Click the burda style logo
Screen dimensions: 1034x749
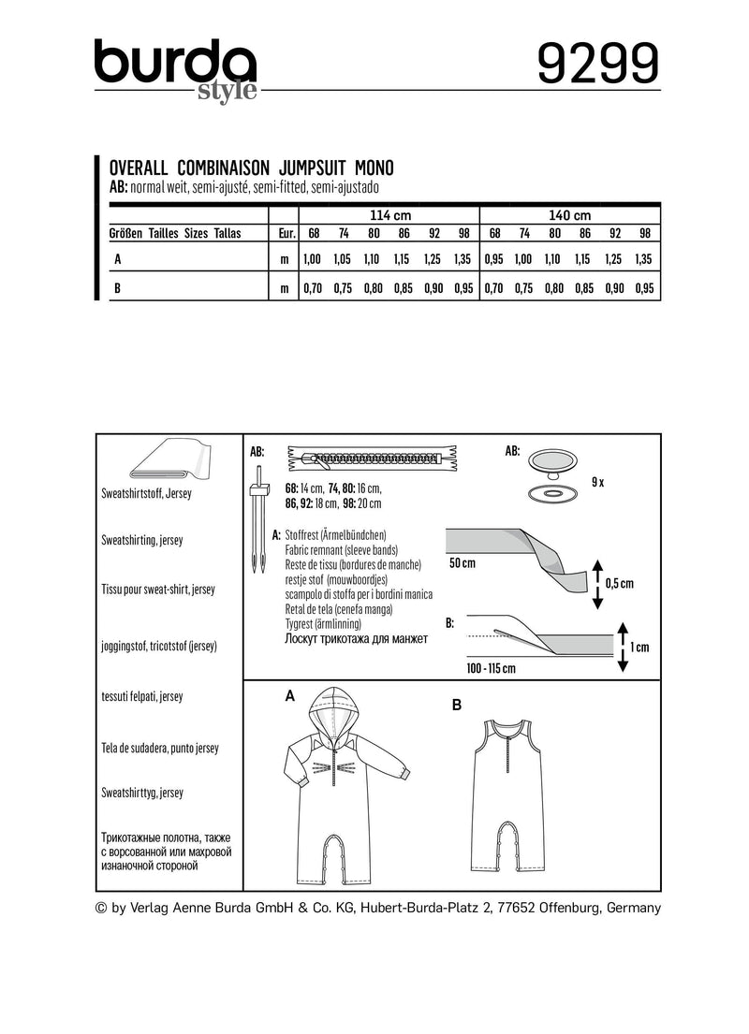175,70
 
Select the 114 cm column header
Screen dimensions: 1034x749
389,214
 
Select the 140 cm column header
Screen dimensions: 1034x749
571,214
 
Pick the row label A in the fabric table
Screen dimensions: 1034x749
116,258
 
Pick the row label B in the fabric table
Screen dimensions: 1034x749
116,289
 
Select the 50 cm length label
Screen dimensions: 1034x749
463,565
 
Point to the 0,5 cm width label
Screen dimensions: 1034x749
620,583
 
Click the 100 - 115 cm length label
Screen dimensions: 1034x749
490,668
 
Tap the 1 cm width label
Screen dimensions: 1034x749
641,648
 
